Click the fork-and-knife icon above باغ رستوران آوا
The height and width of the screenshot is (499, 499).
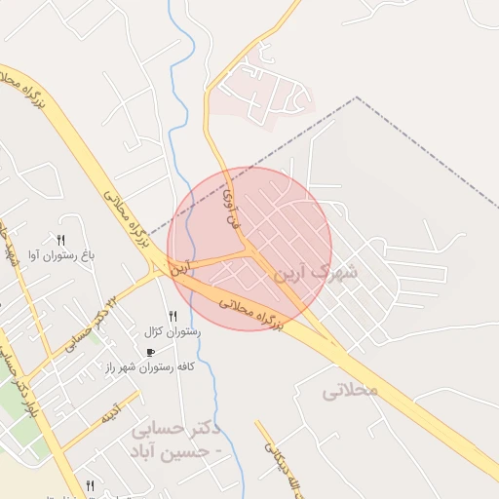(x=60, y=240)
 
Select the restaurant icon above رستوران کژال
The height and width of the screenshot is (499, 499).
(x=173, y=315)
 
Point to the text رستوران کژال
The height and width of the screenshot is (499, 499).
(x=173, y=331)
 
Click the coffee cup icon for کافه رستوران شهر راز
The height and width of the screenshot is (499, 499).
(x=150, y=352)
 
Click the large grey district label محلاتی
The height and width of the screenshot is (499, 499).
(x=350, y=390)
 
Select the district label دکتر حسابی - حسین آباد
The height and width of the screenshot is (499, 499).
(x=175, y=441)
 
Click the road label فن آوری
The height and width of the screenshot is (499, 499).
(x=231, y=208)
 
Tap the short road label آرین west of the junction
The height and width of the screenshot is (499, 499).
(x=181, y=267)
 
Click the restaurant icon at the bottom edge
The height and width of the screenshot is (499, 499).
(x=91, y=484)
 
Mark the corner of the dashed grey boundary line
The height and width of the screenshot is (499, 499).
(x=357, y=97)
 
